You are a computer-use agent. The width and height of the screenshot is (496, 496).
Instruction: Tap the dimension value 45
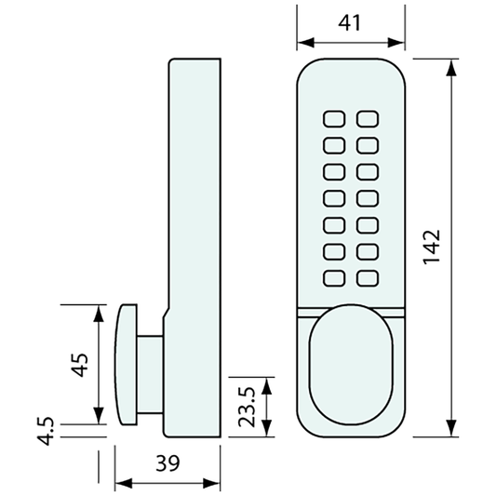(x=81, y=362)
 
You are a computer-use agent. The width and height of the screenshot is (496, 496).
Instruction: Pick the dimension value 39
(x=168, y=462)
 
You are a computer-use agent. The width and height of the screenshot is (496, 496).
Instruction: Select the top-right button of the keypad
(x=369, y=119)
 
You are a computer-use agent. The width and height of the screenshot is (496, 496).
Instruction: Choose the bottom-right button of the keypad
(x=369, y=275)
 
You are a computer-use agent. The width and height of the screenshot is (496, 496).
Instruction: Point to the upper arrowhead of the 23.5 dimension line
(x=267, y=383)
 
